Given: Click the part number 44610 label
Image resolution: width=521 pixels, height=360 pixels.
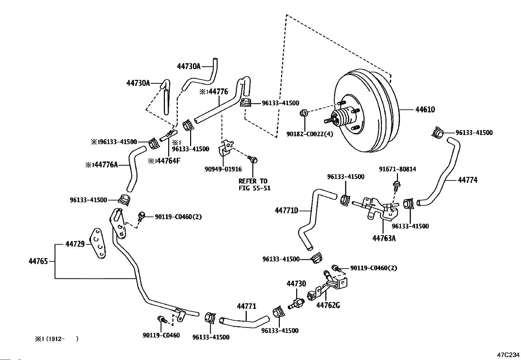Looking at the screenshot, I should pos(425,110).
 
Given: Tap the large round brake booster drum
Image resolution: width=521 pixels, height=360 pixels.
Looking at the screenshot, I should pos(367,111).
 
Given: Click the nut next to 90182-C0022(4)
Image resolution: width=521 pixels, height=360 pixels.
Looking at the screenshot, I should pos(303,113).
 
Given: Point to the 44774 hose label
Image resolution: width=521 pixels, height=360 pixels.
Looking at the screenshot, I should pos(467,180).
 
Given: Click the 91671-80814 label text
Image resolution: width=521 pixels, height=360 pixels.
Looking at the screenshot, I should pos(397,169).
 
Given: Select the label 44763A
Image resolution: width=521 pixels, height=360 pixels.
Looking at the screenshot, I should pos(384,238).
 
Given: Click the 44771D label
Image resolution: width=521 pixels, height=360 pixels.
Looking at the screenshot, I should pos(287,211).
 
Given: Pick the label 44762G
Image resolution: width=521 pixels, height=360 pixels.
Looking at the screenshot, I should pos(328,305).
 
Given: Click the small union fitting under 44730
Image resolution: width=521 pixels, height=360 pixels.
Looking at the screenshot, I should pos(295,302).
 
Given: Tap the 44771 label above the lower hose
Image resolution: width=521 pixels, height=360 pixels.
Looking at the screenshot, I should pos(246,306).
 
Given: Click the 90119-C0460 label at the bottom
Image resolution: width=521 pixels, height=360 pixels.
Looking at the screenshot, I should pos(161,335).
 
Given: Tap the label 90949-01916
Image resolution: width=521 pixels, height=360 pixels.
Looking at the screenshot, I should pos(223,169).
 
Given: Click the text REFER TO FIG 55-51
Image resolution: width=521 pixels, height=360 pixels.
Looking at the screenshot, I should pos(254,185).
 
